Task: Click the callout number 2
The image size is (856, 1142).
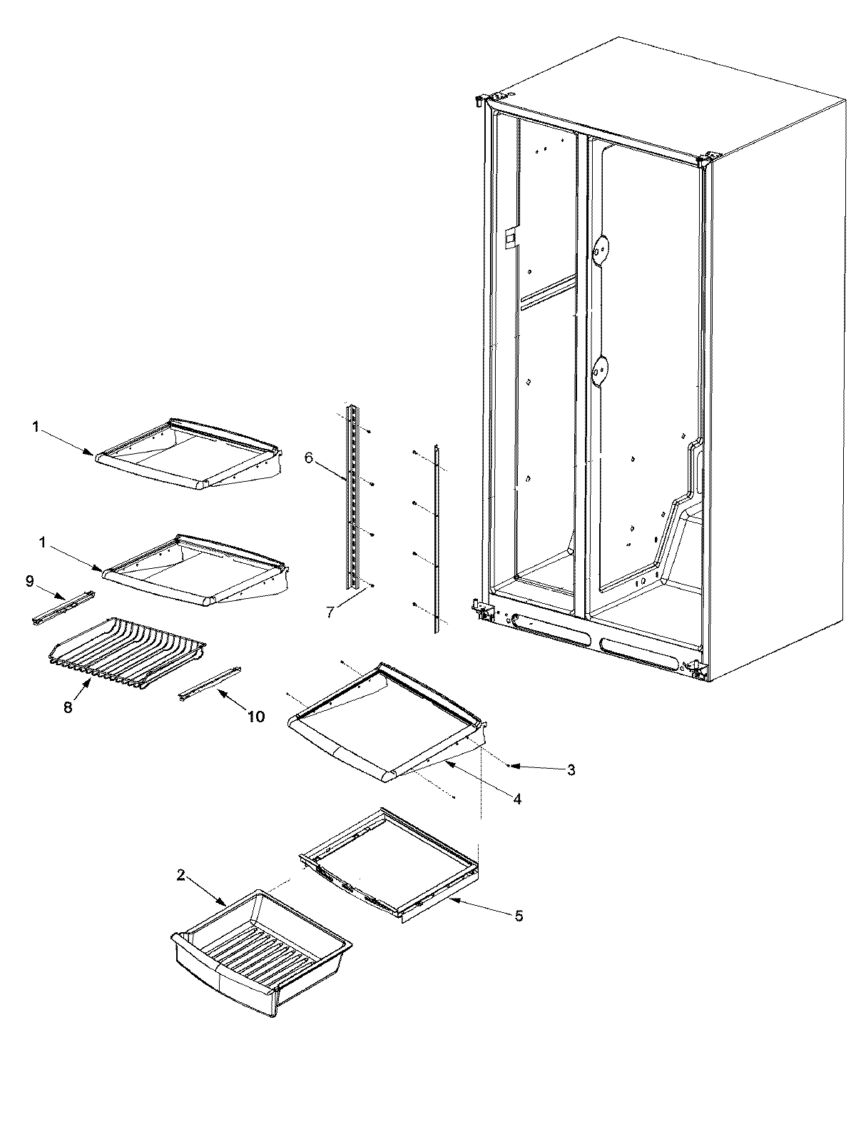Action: coord(181,876)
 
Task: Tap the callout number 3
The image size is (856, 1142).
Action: coord(571,770)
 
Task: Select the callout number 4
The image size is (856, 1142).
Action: coord(516,799)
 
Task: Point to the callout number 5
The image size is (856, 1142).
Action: coord(519,916)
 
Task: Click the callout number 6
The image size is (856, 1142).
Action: coord(308,458)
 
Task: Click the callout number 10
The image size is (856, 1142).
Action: coord(256,716)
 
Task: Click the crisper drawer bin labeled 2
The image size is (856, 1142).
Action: coord(260,942)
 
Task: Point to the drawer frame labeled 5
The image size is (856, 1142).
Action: coord(389,867)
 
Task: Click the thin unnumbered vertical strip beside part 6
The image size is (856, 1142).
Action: coord(434,539)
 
